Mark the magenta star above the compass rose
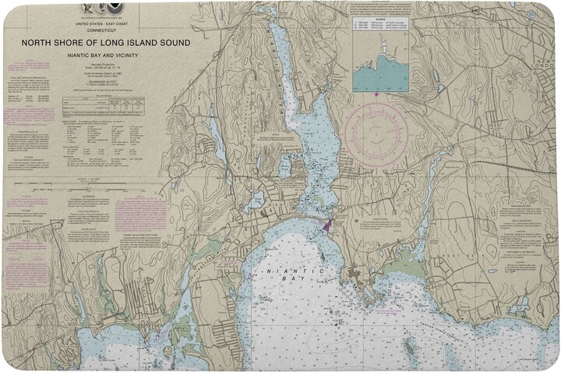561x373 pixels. pyautogui.click(x=376, y=95)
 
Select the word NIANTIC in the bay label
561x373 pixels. pyautogui.click(x=280, y=271)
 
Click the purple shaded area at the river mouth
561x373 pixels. pyautogui.click(x=326, y=225)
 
